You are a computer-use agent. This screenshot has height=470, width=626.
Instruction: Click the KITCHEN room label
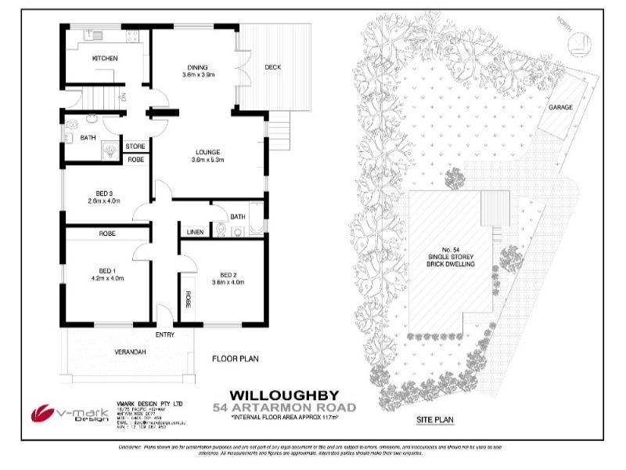point(105,59)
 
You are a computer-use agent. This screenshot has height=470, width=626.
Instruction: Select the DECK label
point(272,67)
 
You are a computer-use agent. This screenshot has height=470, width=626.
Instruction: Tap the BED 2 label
point(228,274)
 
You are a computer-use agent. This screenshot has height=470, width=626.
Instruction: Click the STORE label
point(135,146)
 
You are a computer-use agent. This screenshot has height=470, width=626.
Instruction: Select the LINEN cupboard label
point(194,232)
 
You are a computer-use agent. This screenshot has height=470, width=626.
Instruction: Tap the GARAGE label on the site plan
point(560,107)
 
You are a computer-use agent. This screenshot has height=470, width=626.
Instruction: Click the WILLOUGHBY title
point(285,396)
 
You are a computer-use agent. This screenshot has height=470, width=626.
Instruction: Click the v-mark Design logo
point(59,413)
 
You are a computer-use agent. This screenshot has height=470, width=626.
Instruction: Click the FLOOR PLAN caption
point(236,360)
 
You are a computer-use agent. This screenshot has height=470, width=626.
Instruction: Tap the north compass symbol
point(579,43)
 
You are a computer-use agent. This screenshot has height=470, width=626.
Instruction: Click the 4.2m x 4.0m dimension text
point(108,278)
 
